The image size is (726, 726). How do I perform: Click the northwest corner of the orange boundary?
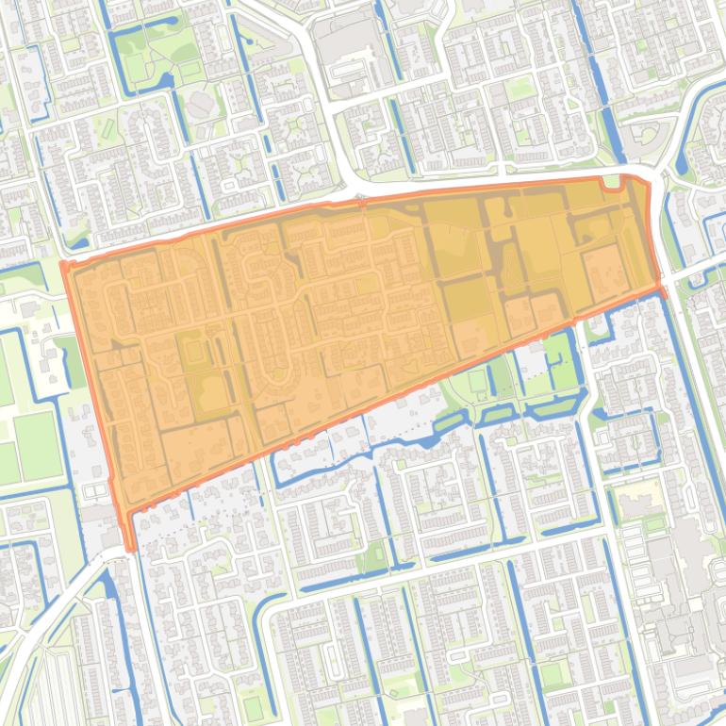(x=64, y=263)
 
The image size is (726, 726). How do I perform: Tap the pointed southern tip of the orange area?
(x=129, y=548)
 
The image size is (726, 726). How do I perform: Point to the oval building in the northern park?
(x=200, y=106)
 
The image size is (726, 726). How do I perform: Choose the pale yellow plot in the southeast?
(x=640, y=496)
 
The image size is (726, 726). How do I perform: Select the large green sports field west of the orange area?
(x=36, y=444)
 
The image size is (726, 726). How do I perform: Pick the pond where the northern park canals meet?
(x=170, y=80)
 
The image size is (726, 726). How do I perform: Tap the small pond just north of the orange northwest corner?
(x=77, y=243)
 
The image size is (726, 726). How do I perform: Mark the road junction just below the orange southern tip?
(x=123, y=556)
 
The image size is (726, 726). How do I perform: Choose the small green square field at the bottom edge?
(x=252, y=706)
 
